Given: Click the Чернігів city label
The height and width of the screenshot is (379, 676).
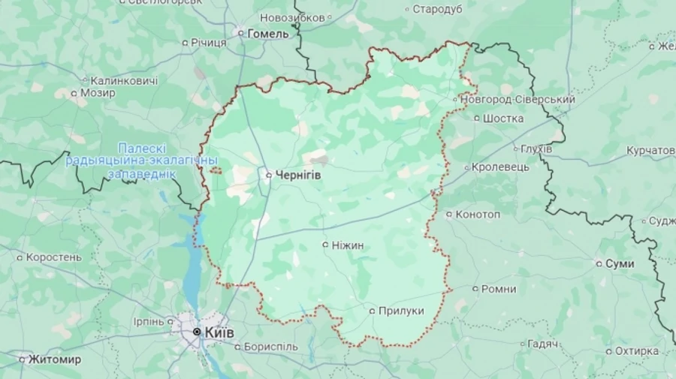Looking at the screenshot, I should (298, 174).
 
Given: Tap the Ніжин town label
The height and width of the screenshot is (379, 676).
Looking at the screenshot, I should (349, 245).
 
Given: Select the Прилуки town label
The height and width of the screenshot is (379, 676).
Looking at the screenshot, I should (401, 311).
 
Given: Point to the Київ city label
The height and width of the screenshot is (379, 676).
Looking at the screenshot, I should (219, 332).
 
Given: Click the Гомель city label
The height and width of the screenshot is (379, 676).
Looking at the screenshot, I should (268, 33).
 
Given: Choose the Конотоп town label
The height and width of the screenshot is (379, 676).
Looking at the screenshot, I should (478, 214).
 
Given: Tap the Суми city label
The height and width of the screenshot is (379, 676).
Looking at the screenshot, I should (620, 263).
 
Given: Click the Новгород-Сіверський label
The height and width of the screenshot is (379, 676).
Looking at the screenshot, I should (518, 99).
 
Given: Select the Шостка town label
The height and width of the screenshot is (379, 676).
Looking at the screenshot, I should (503, 118).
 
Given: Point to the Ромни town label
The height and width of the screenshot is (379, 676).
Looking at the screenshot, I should (499, 289).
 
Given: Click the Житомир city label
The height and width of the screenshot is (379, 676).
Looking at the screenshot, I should (55, 359).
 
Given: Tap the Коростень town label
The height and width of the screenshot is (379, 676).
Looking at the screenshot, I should (53, 257).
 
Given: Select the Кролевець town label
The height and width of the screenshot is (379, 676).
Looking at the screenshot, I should (500, 167).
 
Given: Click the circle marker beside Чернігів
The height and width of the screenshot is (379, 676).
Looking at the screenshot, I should (270, 174).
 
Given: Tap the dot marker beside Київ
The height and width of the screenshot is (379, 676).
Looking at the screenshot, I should (198, 332).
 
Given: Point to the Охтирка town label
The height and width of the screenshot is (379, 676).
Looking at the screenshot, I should (636, 350).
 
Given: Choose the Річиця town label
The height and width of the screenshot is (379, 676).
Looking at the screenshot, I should (208, 43).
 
